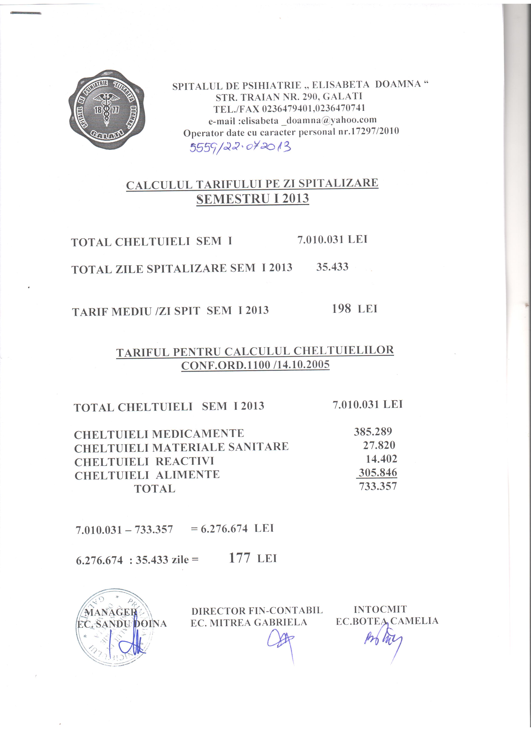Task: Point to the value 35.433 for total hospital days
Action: tap(332, 267)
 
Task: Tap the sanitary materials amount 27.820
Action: tap(379, 445)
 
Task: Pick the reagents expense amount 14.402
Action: tap(381, 459)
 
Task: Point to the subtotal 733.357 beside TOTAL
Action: tap(378, 486)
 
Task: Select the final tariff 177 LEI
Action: tap(252, 558)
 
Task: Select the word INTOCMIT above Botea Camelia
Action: tap(380, 609)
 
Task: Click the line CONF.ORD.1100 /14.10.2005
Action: tap(255, 365)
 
